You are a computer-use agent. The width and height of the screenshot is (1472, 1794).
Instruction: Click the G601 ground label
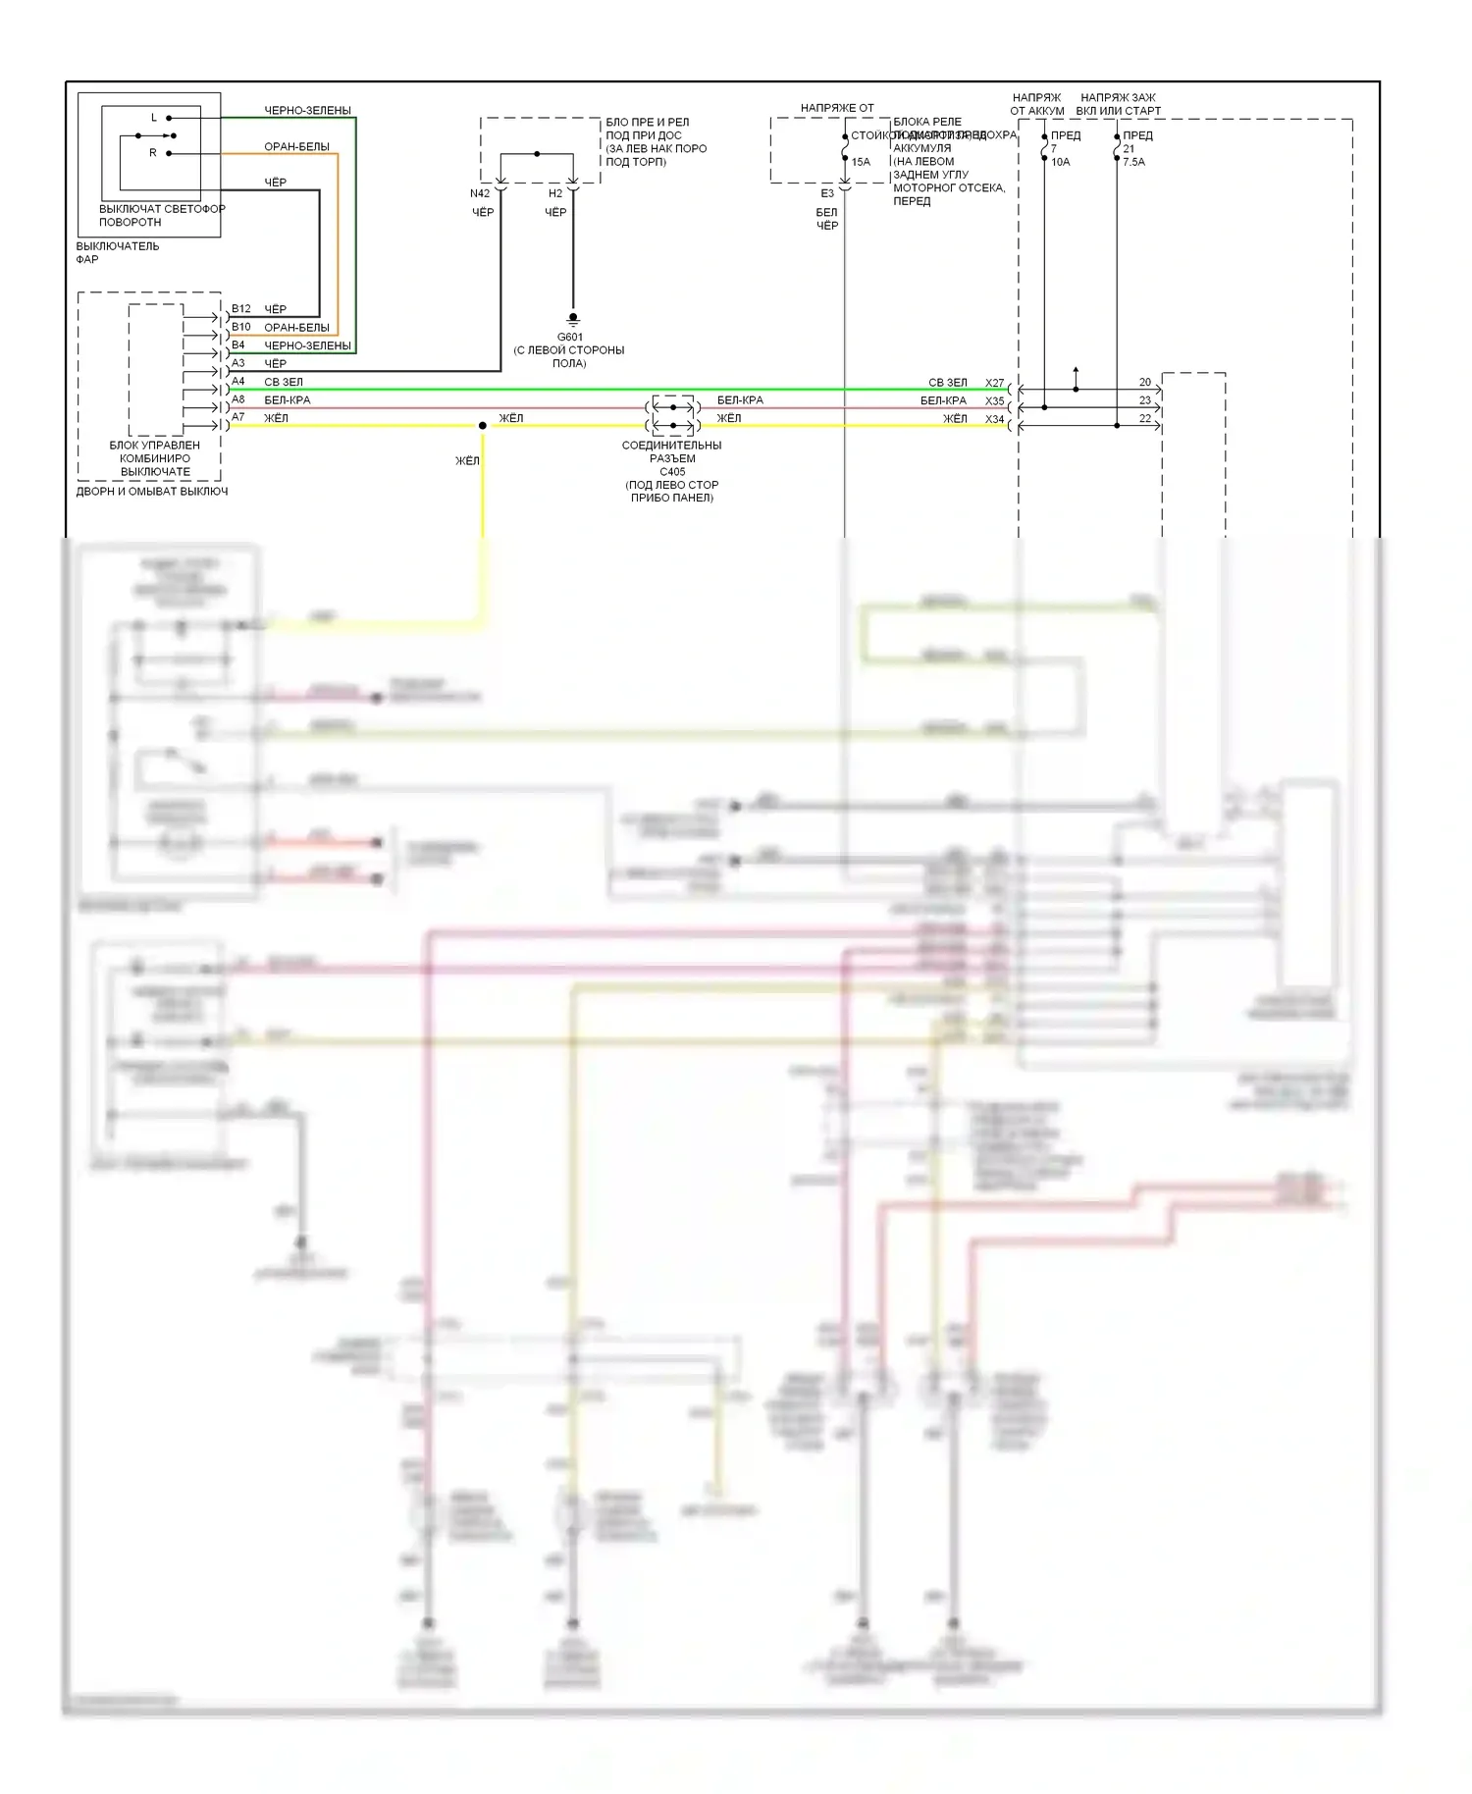tap(569, 337)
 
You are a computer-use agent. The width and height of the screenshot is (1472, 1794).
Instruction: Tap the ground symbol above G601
tap(573, 319)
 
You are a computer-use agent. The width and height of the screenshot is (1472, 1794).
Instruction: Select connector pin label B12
tap(241, 308)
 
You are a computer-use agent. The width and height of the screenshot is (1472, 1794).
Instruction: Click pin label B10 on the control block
tap(241, 327)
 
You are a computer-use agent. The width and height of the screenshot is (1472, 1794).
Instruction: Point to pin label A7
tap(238, 417)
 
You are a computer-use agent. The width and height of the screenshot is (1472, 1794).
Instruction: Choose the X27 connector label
tap(995, 383)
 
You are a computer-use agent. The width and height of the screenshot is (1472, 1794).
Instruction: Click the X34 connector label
tap(995, 419)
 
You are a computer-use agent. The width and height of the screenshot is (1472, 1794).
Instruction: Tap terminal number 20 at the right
tap(1145, 382)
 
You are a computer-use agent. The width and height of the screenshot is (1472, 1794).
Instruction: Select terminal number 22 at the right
tap(1145, 418)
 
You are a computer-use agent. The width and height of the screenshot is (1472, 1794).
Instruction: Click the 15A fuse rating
tap(861, 162)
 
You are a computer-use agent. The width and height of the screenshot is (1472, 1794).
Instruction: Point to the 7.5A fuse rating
tap(1133, 162)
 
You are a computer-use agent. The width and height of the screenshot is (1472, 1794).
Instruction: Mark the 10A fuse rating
tap(1061, 162)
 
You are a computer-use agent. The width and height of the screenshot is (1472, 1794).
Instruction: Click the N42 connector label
tap(480, 193)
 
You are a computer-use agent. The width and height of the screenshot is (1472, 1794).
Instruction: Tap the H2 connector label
tap(555, 193)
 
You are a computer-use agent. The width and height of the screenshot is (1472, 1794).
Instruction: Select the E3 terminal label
tap(827, 193)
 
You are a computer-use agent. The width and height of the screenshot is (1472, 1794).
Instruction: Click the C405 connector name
tap(672, 471)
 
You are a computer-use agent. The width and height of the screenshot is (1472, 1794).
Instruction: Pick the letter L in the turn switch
tap(154, 118)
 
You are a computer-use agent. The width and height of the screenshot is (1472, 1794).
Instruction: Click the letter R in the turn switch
tap(153, 153)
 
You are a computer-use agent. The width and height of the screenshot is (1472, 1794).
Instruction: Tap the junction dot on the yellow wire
tap(483, 425)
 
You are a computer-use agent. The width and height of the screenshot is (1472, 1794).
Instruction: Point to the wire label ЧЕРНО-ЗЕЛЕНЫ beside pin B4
tap(307, 345)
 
